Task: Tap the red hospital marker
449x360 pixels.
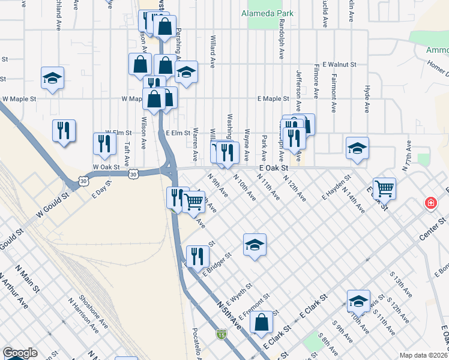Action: pos(430,203)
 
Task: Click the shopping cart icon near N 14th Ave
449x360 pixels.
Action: pos(384,188)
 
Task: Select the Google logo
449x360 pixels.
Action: pos(20,353)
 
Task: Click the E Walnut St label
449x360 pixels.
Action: pos(339,64)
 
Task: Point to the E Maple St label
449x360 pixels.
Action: pos(274,98)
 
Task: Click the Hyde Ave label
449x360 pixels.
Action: pos(366,98)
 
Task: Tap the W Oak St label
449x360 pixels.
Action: pos(106,167)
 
